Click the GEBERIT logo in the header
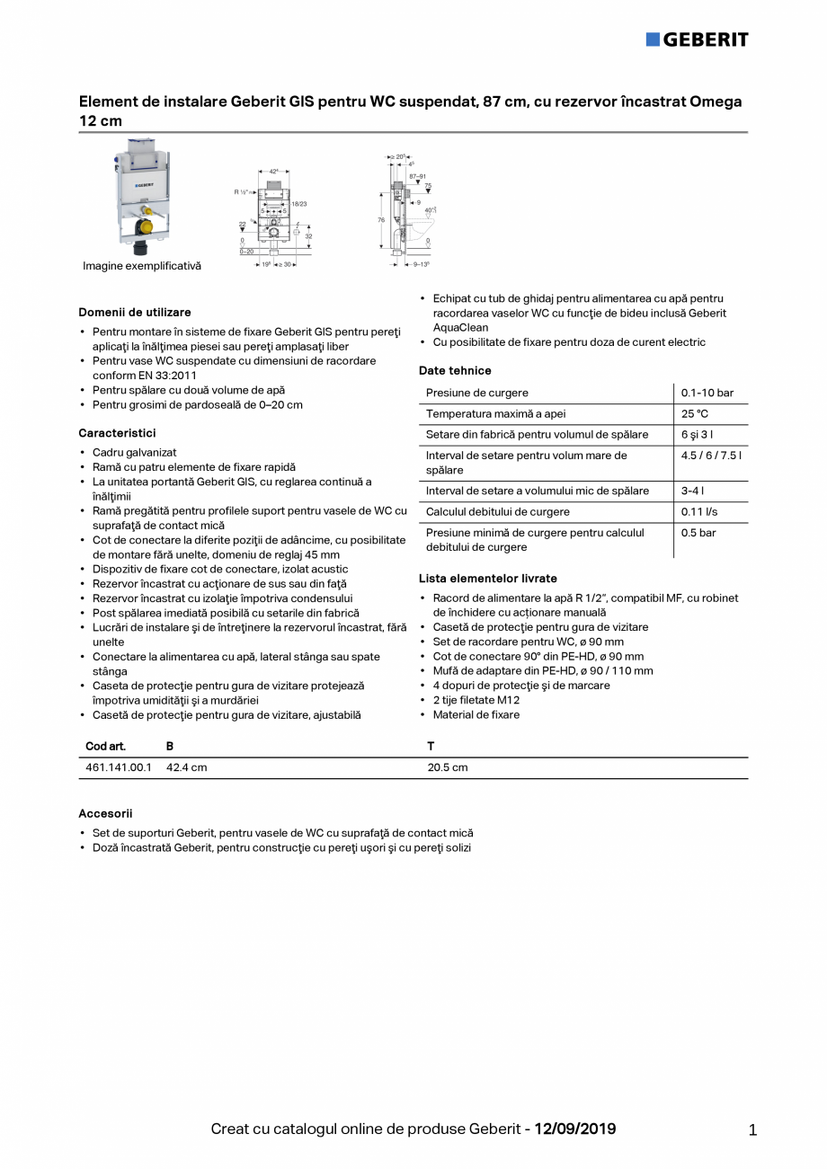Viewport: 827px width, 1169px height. pyautogui.click(x=697, y=40)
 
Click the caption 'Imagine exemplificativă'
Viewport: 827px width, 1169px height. pyautogui.click(x=142, y=266)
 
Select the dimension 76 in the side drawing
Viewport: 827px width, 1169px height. pyautogui.click(x=382, y=218)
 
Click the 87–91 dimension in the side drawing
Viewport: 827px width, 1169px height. pyautogui.click(x=417, y=177)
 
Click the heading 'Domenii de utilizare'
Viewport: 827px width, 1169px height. pyautogui.click(x=135, y=313)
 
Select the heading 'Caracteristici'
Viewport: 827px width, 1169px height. pyautogui.click(x=117, y=433)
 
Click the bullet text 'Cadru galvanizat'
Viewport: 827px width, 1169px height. pyautogui.click(x=135, y=453)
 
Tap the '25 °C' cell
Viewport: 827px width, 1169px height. pyautogui.click(x=695, y=413)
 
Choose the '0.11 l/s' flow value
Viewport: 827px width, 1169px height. pyautogui.click(x=699, y=511)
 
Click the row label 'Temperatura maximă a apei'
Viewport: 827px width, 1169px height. pyautogui.click(x=495, y=413)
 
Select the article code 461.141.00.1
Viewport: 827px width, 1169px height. pyautogui.click(x=119, y=767)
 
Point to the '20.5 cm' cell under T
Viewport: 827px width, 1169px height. pyautogui.click(x=447, y=767)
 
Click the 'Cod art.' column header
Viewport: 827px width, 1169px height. pyautogui.click(x=105, y=747)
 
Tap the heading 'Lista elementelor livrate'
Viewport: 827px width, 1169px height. pyautogui.click(x=487, y=579)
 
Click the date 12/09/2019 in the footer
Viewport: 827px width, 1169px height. pyautogui.click(x=575, y=1129)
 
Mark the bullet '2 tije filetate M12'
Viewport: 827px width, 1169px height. pyautogui.click(x=476, y=700)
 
